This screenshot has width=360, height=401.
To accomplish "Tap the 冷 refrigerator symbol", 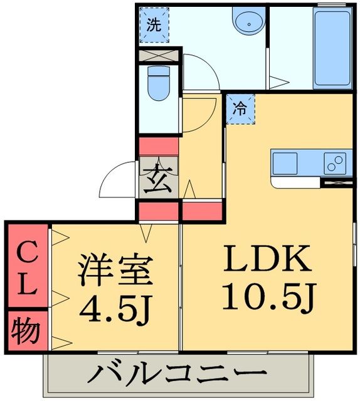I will click(x=240, y=107).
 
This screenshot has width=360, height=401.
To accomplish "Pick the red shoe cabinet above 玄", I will click(x=159, y=147).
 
